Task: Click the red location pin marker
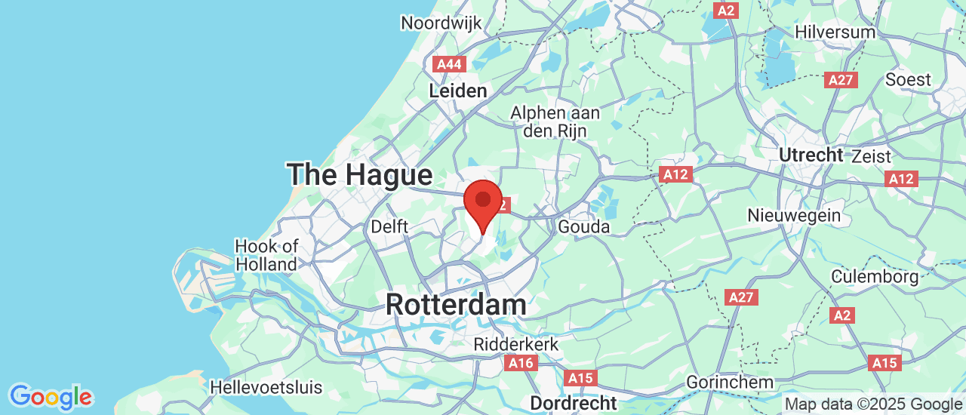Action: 483,202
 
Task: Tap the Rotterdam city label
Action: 456,305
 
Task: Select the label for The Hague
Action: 359,175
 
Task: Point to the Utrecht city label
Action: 811,155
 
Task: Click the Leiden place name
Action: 458,91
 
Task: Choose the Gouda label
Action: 583,226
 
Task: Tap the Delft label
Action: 389,226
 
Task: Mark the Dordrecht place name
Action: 573,403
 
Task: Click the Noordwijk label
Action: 441,23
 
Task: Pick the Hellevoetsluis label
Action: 266,388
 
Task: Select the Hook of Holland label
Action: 266,255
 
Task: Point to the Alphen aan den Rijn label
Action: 555,121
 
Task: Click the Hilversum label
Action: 835,32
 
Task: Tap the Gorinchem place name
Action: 730,383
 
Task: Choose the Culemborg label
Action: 875,276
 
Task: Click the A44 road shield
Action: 450,64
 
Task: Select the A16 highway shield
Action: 521,364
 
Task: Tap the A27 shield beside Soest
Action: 841,80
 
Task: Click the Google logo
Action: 51,396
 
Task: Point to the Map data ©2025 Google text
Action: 873,404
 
